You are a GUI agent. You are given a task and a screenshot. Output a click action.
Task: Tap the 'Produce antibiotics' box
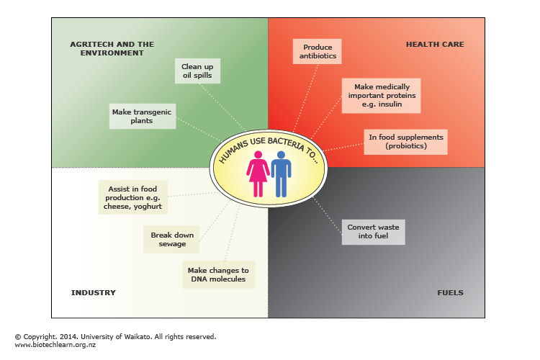[x=315, y=50]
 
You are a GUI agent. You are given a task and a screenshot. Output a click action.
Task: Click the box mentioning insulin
[x=379, y=95]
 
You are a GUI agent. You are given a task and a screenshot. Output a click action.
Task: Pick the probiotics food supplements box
[x=405, y=142]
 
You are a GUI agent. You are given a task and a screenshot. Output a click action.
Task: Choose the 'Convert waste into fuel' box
[x=372, y=232]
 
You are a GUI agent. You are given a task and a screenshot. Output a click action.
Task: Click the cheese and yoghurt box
[x=132, y=197]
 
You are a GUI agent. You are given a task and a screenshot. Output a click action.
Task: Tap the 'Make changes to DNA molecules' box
[x=218, y=274]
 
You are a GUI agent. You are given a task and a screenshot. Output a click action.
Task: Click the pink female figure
[x=258, y=177]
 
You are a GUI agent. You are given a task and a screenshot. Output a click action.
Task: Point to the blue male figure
[x=281, y=177]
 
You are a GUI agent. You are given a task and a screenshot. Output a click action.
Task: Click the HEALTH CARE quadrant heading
[x=435, y=45]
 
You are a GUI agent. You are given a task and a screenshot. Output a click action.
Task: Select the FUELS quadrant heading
[x=450, y=293]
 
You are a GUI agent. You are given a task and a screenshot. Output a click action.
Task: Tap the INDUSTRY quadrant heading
[x=94, y=293]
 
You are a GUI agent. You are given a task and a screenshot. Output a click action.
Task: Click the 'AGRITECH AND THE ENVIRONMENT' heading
[x=112, y=49]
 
